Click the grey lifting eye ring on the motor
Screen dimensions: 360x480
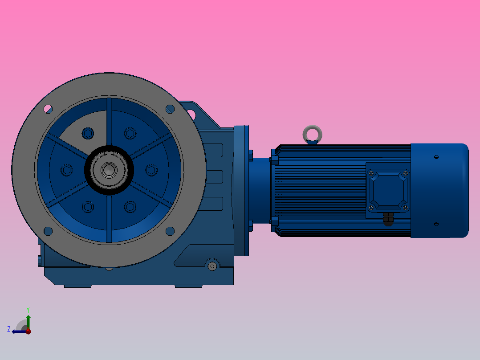click(x=312, y=133)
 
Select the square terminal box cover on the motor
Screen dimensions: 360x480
click(x=387, y=190)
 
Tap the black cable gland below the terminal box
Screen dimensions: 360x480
click(x=389, y=219)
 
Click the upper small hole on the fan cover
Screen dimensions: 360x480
click(x=436, y=157)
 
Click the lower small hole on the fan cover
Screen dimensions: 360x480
click(x=436, y=224)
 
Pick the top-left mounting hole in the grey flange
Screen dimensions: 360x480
click(x=48, y=108)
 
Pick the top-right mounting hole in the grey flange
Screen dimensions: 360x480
click(x=170, y=108)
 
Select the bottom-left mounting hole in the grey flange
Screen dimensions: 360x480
click(x=48, y=231)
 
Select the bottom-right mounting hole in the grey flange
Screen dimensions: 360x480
click(x=170, y=231)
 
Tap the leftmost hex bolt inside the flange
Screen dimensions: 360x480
click(x=67, y=170)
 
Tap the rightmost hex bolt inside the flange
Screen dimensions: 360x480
click(x=151, y=170)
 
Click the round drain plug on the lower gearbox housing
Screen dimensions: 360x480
click(x=212, y=266)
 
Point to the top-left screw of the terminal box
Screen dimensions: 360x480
click(x=371, y=173)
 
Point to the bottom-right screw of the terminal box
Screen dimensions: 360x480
click(x=405, y=207)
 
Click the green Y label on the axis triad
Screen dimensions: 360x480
click(x=28, y=309)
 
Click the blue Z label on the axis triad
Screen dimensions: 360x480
click(x=9, y=329)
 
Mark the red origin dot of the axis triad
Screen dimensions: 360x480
click(x=28, y=331)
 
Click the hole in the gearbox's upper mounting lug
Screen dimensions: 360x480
click(x=192, y=114)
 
